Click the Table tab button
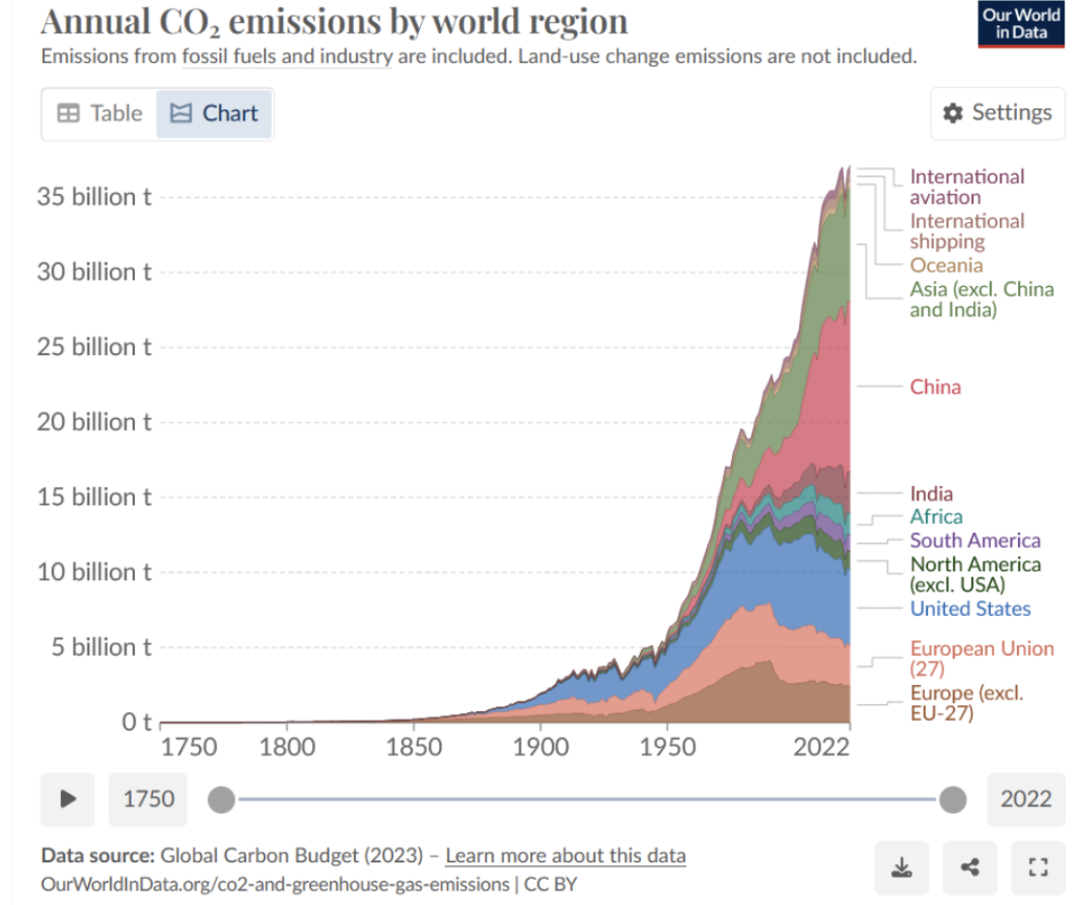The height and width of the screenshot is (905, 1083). [x=100, y=113]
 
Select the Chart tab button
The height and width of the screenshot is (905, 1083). [x=214, y=113]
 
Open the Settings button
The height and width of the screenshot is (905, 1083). [x=998, y=113]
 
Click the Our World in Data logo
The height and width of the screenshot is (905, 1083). [x=1021, y=24]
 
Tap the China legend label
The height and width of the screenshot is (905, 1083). [x=936, y=387]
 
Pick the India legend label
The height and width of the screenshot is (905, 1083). [x=931, y=494]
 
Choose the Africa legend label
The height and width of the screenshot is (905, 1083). [x=936, y=517]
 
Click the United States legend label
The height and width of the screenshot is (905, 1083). [x=970, y=608]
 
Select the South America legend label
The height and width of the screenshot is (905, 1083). [x=974, y=540]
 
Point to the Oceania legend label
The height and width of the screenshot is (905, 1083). [x=945, y=265]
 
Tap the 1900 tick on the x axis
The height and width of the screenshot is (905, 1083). [x=540, y=747]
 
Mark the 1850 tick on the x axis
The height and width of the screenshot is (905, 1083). [x=414, y=747]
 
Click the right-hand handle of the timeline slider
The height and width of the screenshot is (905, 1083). [x=953, y=799]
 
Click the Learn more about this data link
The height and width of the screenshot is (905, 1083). [x=565, y=856]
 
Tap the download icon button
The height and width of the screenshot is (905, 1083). [x=903, y=867]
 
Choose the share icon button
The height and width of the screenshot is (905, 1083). [x=970, y=867]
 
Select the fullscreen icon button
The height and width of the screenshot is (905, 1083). [x=1037, y=867]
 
